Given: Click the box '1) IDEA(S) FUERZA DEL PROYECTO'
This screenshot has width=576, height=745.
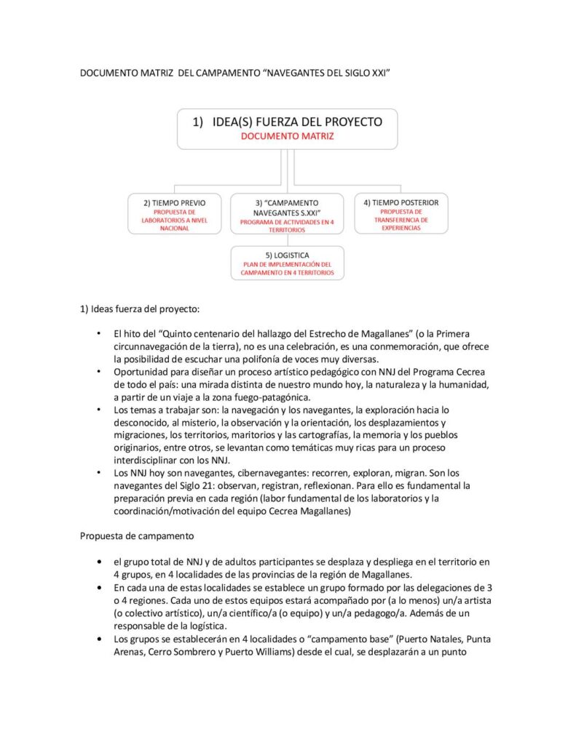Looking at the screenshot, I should [287, 128].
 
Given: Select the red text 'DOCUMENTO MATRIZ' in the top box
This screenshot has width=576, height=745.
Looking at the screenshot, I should [287, 136].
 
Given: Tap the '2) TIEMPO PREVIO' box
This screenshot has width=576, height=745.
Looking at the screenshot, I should [174, 212].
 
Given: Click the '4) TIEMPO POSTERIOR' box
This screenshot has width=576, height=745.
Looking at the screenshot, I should [401, 212].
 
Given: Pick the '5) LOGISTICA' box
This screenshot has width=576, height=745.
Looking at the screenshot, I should [287, 263].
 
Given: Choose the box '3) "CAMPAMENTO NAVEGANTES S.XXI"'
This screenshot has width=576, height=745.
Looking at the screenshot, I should [287, 214].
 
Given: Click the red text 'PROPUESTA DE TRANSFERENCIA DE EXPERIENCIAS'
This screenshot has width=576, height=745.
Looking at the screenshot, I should [401, 220].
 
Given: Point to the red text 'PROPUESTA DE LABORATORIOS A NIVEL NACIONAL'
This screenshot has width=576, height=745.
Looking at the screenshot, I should [174, 220].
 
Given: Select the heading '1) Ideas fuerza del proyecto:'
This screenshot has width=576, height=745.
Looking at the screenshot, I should [138, 308].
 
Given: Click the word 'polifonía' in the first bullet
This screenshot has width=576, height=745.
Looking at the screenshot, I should [285, 359].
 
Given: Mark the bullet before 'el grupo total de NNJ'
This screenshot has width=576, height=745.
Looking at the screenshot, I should [99, 562].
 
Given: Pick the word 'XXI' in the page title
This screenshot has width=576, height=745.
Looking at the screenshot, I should [383, 74].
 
